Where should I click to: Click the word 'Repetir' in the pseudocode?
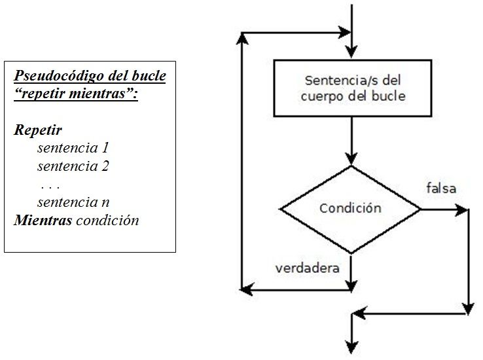(x=38, y=130)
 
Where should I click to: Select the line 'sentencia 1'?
(x=73, y=148)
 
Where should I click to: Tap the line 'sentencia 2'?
(x=73, y=166)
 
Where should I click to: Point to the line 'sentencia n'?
(x=73, y=202)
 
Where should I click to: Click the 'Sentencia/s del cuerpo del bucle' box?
(x=352, y=88)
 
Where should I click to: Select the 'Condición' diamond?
(x=351, y=209)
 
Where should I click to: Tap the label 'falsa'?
(x=440, y=189)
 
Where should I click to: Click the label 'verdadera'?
(x=307, y=268)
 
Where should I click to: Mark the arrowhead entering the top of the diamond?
(x=352, y=158)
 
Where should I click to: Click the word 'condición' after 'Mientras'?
(x=107, y=220)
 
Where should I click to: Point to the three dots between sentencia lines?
(x=50, y=185)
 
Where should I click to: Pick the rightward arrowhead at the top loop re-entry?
(x=346, y=31)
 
